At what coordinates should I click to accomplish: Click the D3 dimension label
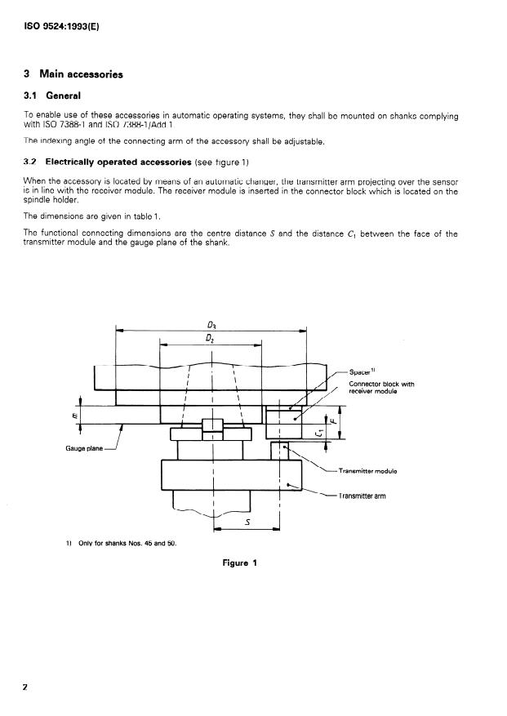pyautogui.click(x=212, y=325)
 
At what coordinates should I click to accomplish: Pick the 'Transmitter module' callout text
pyautogui.click(x=367, y=472)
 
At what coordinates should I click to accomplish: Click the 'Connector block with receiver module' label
pyautogui.click(x=381, y=387)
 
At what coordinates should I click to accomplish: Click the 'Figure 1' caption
pyautogui.click(x=239, y=563)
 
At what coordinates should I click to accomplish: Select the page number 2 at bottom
pyautogui.click(x=25, y=687)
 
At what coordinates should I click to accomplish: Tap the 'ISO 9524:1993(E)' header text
pyautogui.click(x=62, y=25)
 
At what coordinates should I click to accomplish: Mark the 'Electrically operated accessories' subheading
pyautogui.click(x=118, y=162)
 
